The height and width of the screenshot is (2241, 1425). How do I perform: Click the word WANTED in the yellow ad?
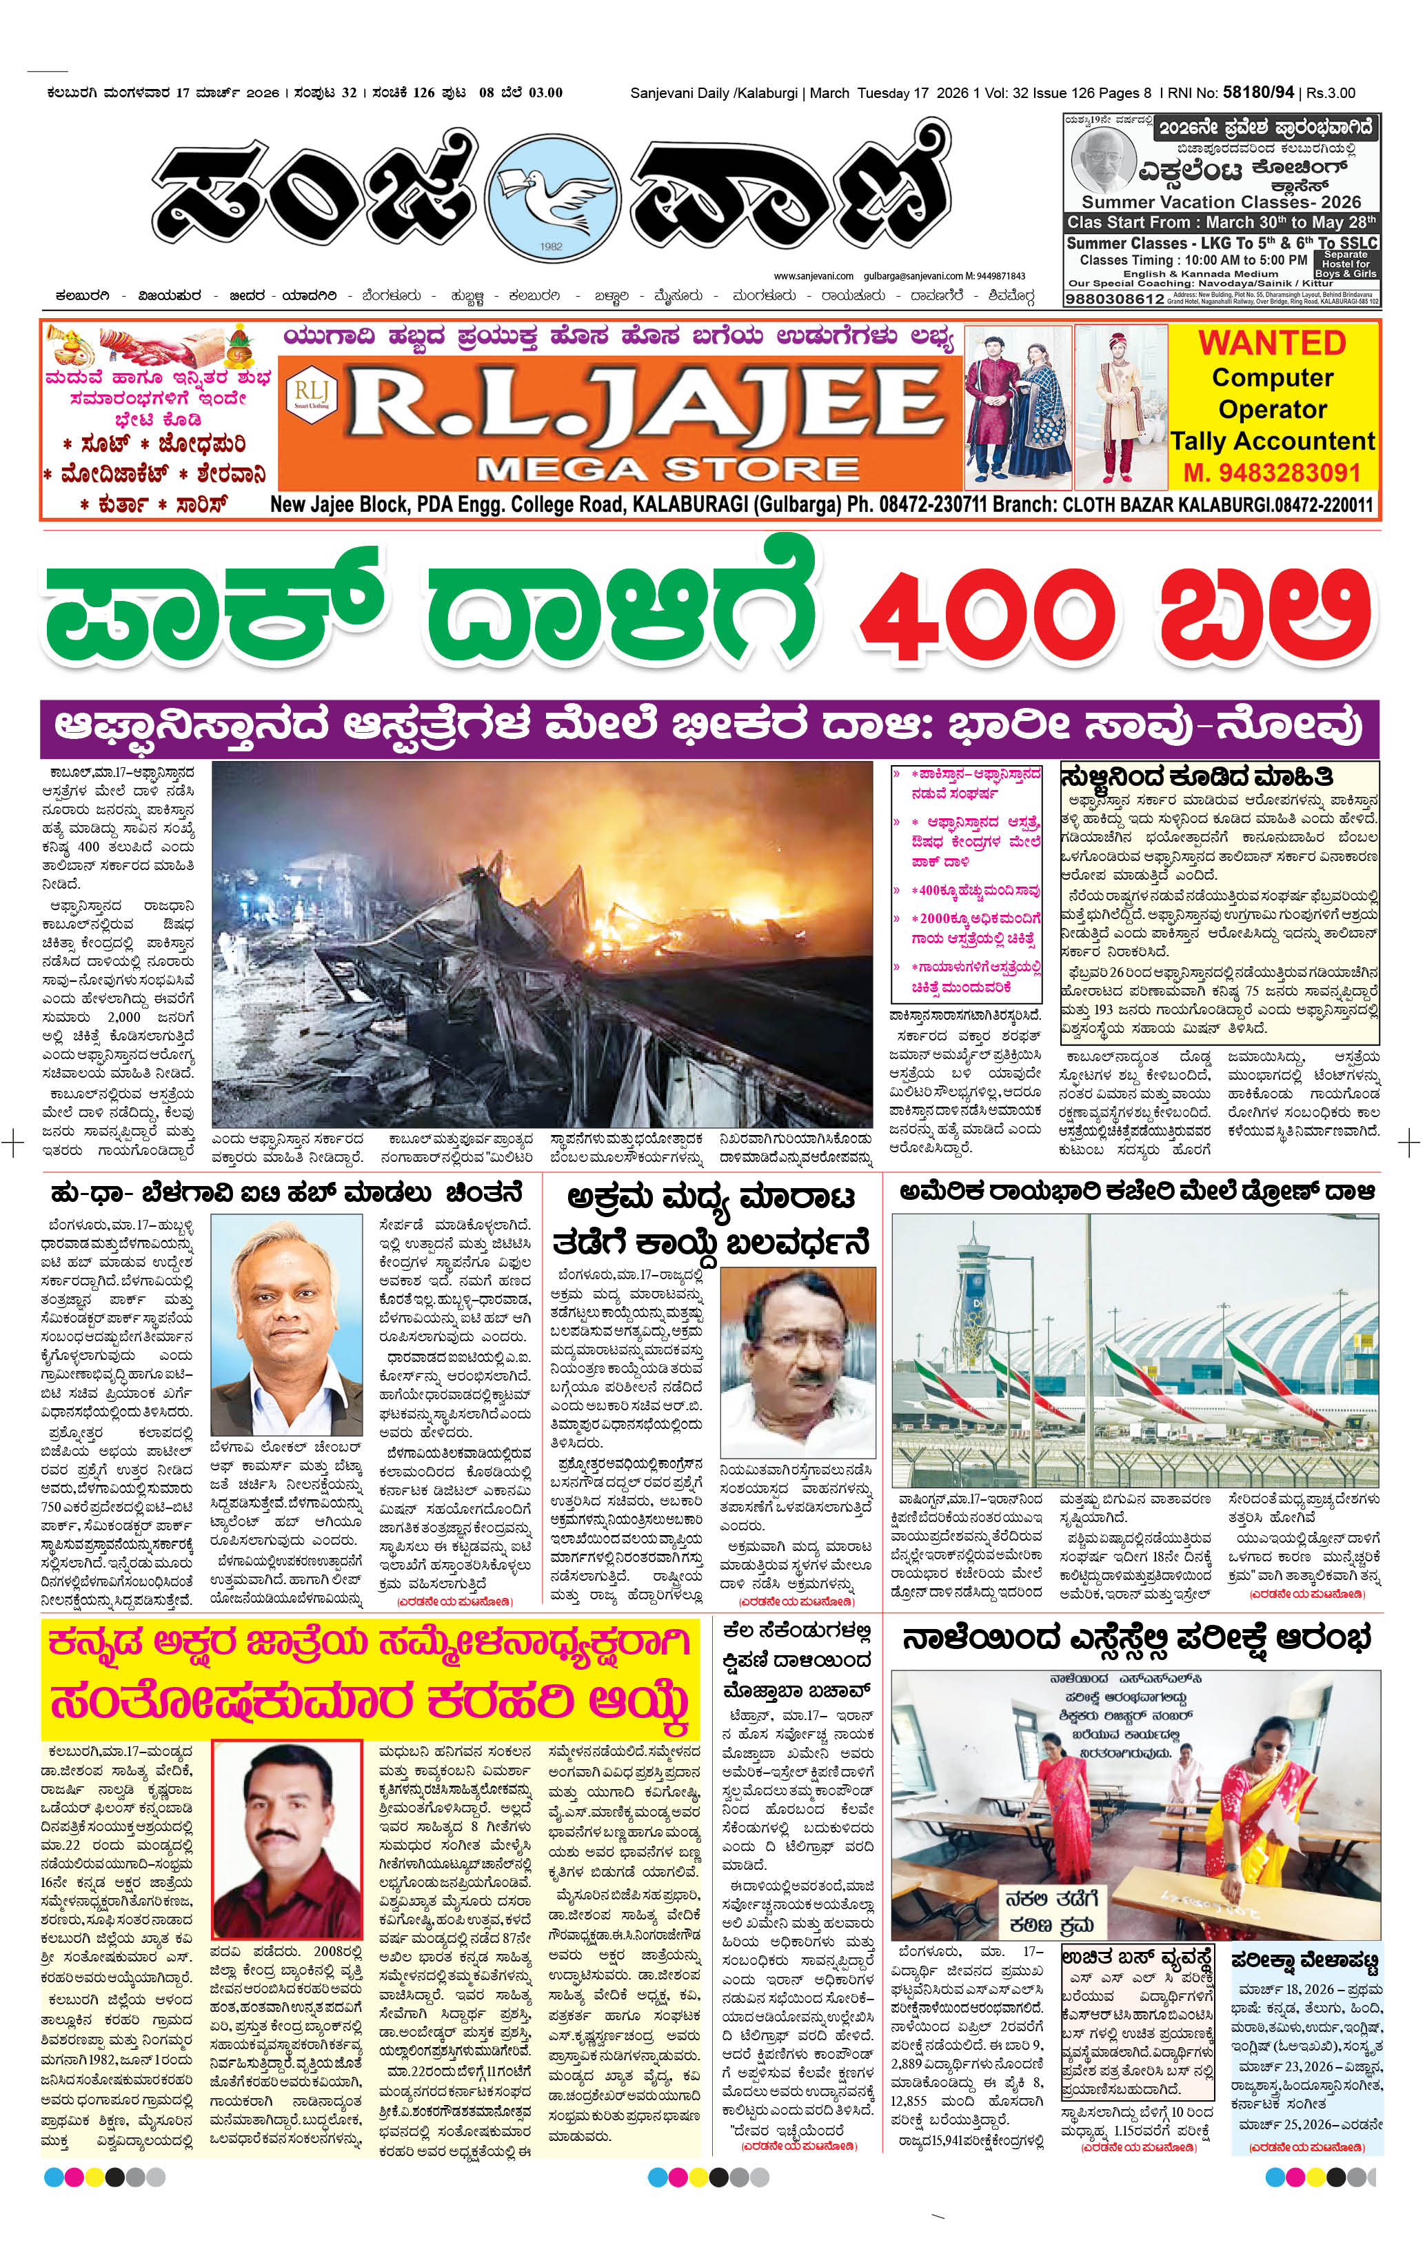click(x=1271, y=342)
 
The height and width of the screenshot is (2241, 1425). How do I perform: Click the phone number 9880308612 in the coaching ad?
click(x=1114, y=299)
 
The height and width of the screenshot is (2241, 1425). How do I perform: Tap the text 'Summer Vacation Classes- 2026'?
click(x=1220, y=202)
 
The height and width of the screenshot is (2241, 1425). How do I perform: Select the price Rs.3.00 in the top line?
click(x=1331, y=92)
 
